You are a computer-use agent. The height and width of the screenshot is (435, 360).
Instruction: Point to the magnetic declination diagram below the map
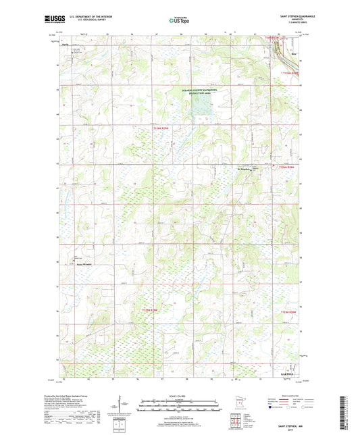coord(123,407)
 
